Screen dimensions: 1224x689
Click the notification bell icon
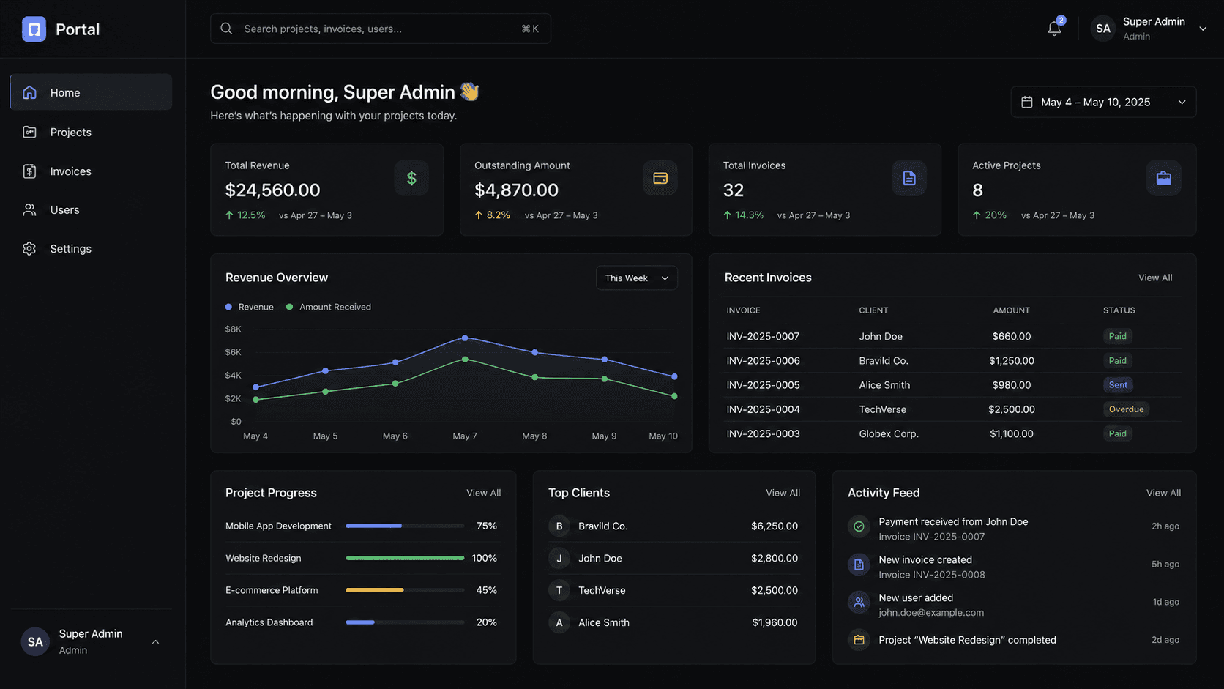[1054, 29]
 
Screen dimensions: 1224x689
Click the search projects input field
[381, 29]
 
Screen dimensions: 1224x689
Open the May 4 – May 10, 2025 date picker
[1103, 103]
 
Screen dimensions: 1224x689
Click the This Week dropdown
[637, 278]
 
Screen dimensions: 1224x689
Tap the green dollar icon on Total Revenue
[411, 178]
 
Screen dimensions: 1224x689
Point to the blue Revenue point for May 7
[465, 338]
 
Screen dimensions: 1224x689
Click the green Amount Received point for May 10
[674, 396]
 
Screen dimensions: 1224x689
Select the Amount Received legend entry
[329, 307]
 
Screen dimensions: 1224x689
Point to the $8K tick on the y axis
[233, 329]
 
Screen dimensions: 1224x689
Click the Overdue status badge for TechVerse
[1126, 409]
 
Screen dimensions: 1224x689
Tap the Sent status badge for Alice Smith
[1117, 385]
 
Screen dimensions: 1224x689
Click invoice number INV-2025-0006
[763, 361]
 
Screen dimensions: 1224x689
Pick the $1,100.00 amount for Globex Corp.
[1012, 434]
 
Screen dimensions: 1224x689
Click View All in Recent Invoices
[1155, 278]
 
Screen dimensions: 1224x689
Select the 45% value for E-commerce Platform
[486, 590]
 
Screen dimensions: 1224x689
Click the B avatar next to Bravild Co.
[559, 526]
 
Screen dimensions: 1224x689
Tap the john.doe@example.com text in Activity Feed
[931, 613]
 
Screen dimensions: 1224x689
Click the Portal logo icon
[34, 29]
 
